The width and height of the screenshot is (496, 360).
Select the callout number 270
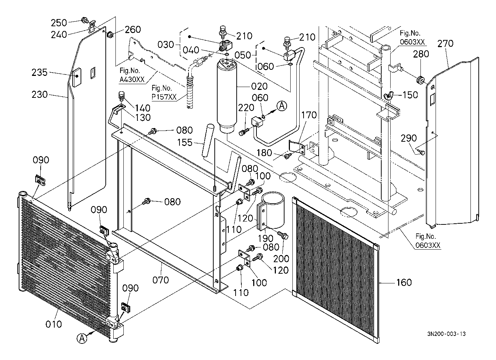[445, 44]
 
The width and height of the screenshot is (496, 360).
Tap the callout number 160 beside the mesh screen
[404, 283]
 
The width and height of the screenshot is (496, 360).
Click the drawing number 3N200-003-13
[446, 334]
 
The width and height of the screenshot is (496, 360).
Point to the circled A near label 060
[282, 106]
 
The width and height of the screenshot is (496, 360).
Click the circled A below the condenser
[82, 338]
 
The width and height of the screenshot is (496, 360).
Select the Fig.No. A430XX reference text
[132, 75]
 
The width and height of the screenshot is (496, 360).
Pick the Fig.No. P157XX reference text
[164, 92]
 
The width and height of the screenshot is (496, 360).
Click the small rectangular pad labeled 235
[77, 77]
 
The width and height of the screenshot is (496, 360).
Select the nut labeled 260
[110, 35]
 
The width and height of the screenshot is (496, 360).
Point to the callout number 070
[160, 280]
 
